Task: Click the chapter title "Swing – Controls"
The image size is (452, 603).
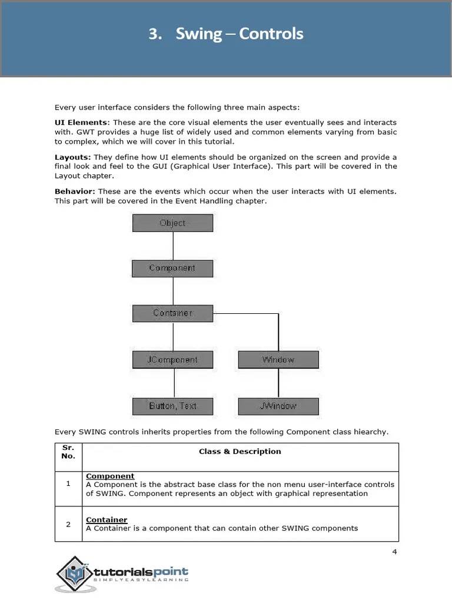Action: pos(226,34)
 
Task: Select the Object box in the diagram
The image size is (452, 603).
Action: pos(172,223)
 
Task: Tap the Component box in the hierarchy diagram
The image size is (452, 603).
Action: pos(172,268)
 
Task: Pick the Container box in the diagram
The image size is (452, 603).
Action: pos(172,313)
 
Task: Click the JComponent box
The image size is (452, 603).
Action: pos(172,360)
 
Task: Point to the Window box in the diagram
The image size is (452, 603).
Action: pos(278,360)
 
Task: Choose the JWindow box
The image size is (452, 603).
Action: pos(278,406)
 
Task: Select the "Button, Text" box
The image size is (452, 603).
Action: pos(172,406)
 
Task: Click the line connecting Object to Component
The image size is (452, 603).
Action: pos(173,246)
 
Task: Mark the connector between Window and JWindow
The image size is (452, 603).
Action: pos(278,383)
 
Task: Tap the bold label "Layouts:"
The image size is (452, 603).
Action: pos(72,157)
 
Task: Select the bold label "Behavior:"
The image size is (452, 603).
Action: pos(75,191)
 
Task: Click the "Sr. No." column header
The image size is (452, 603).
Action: pos(68,452)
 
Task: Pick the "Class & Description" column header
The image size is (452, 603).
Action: pos(240,452)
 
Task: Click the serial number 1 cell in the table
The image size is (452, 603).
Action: pos(68,483)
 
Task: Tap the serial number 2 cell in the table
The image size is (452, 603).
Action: pos(68,524)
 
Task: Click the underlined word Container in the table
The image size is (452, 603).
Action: pos(107,520)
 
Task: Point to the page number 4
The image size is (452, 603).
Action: pos(394,552)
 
